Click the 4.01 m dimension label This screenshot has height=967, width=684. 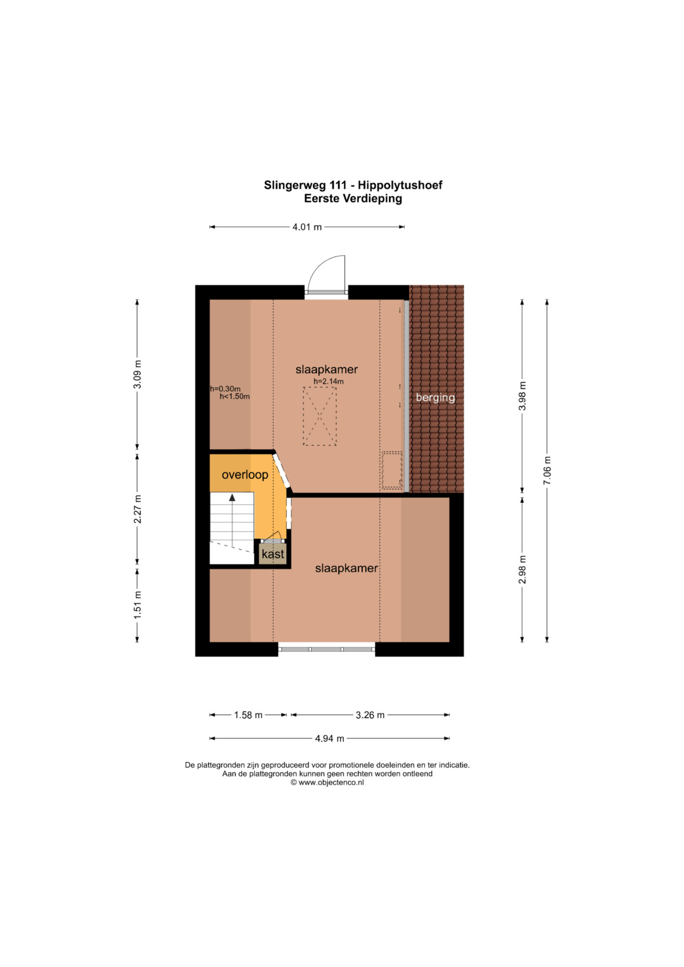click(x=307, y=227)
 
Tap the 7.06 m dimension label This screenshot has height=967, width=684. click(x=547, y=470)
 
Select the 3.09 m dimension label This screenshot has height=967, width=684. click(x=137, y=374)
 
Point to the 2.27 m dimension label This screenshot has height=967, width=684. click(x=137, y=509)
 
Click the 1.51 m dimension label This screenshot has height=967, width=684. click(x=137, y=604)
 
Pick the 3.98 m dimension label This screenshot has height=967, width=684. click(x=522, y=396)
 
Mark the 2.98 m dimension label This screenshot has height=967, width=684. click(x=522, y=569)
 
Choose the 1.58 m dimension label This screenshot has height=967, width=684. click(x=248, y=716)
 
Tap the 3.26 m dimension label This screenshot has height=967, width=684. click(x=370, y=716)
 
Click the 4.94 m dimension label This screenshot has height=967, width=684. click(x=329, y=738)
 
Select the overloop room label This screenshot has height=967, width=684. click(x=245, y=475)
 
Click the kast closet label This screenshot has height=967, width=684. click(x=273, y=554)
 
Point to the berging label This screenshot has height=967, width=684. click(x=435, y=398)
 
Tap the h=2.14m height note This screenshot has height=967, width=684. click(x=329, y=381)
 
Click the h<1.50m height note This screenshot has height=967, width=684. click(x=234, y=396)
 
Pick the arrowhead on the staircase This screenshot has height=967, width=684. click(x=232, y=498)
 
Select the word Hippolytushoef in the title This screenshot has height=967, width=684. click(x=400, y=185)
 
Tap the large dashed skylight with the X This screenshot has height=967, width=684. click(x=320, y=416)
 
